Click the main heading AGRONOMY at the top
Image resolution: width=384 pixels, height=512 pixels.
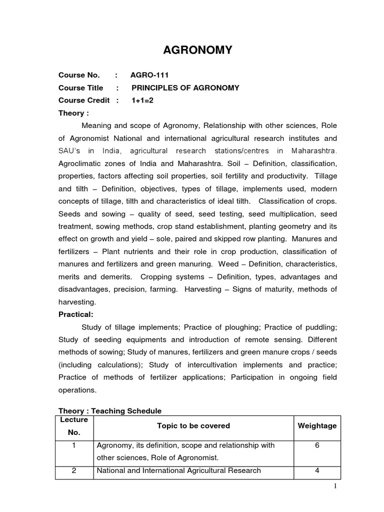(197, 50)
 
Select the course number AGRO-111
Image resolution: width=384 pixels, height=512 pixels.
(149, 75)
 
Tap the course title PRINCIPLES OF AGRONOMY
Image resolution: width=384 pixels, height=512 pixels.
(185, 87)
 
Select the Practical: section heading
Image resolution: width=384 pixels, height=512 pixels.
(75, 314)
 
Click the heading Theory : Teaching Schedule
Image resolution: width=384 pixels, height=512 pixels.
(110, 410)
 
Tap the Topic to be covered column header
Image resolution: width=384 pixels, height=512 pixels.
(193, 426)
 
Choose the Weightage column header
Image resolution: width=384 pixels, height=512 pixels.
(317, 426)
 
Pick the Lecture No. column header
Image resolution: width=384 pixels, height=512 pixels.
(74, 426)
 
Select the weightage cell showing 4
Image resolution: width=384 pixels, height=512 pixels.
(317, 470)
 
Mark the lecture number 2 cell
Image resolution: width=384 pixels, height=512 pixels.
(74, 470)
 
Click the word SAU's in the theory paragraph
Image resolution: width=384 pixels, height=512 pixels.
(70, 150)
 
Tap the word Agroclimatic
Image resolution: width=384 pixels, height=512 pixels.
(82, 163)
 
